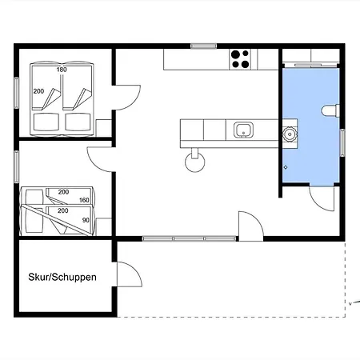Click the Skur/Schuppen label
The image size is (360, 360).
tap(62, 277)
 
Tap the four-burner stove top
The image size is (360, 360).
tap(240, 59)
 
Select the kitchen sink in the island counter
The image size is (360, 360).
tap(243, 130)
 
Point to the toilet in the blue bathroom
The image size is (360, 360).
tap(330, 110)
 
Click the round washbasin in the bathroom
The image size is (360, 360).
tap(289, 134)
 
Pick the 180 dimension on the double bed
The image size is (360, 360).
tap(62, 70)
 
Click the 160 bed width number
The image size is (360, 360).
tap(84, 200)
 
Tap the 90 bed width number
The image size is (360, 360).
tap(86, 220)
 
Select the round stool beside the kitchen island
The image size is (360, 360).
tap(195, 162)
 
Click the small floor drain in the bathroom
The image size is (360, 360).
tap(286, 167)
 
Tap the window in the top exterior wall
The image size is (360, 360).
tap(204, 46)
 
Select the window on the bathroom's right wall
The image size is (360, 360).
tap(342, 142)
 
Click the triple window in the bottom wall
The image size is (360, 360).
tap(189, 238)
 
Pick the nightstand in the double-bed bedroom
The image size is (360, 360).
tap(103, 128)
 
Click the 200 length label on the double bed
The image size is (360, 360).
tap(38, 91)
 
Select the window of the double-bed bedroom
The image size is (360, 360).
tap(17, 93)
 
